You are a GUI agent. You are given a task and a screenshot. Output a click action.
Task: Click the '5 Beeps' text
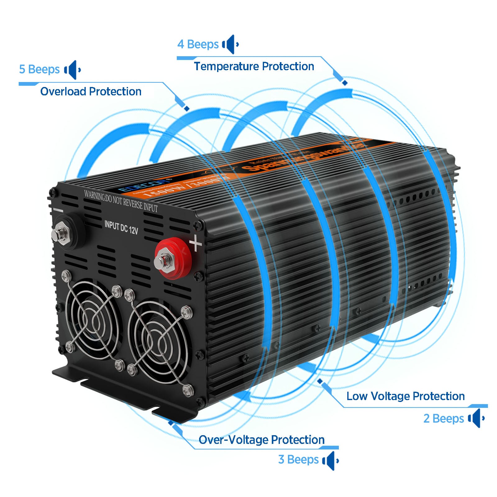(x=39, y=69)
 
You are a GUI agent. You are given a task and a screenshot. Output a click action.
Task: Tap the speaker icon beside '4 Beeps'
(x=230, y=44)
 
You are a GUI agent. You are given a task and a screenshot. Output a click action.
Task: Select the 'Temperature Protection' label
(x=254, y=66)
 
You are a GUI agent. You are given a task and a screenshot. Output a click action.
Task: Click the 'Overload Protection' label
(x=91, y=92)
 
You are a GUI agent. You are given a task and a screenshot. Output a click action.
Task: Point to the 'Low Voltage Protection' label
(x=405, y=396)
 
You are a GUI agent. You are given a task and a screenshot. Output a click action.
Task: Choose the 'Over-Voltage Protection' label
(x=262, y=440)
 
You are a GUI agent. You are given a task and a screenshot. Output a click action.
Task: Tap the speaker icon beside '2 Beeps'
(x=476, y=418)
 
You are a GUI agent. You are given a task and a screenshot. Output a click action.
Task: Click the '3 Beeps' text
(x=298, y=459)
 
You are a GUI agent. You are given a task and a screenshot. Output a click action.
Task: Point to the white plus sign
(x=196, y=243)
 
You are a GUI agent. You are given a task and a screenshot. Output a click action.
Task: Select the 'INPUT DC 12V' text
(x=121, y=227)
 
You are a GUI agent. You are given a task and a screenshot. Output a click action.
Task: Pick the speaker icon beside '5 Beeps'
(x=72, y=70)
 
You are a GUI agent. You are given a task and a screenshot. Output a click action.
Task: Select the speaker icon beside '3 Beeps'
(x=330, y=460)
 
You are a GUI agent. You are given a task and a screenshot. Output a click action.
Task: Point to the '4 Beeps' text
(x=198, y=44)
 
